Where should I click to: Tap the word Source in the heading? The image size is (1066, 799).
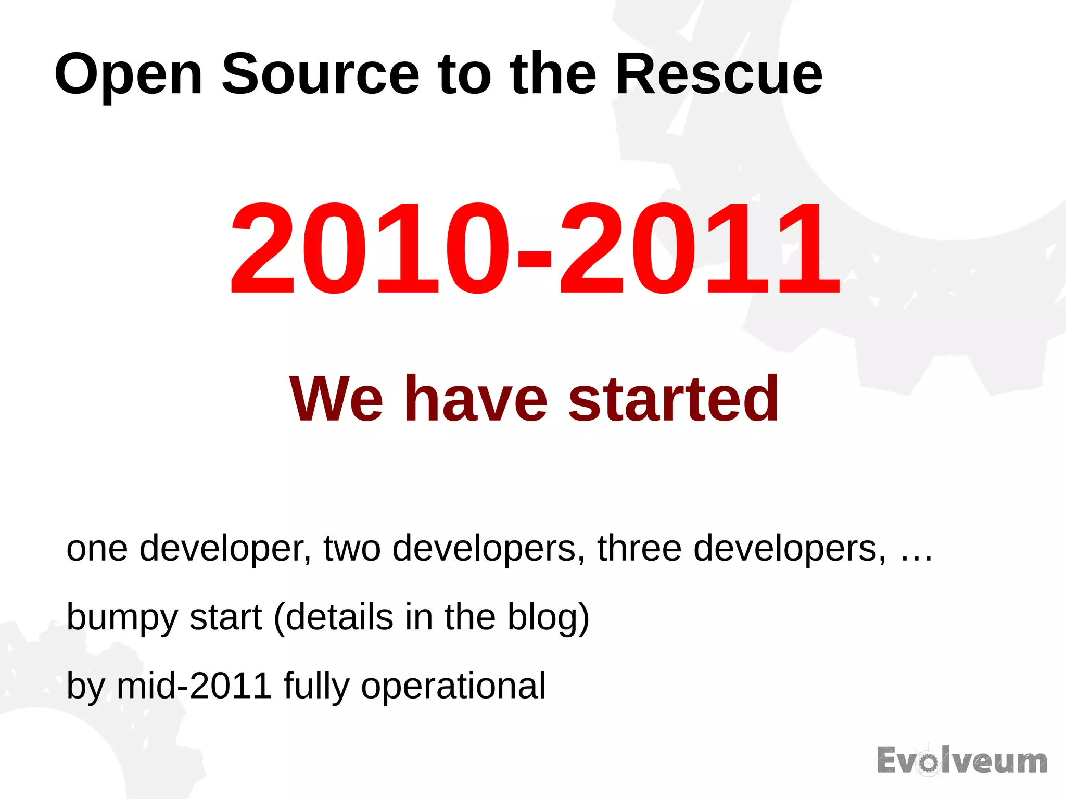(x=320, y=74)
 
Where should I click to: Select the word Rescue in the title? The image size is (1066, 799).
(x=718, y=74)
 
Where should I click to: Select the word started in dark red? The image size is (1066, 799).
(x=674, y=400)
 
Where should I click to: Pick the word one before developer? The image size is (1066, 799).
(x=97, y=549)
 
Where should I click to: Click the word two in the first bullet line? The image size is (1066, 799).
(x=352, y=549)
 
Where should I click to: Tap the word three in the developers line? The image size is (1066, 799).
(x=639, y=549)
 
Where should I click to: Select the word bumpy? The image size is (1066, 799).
(x=122, y=618)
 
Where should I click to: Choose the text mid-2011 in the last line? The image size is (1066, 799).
(x=194, y=686)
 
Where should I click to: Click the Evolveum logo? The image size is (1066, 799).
(x=962, y=762)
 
